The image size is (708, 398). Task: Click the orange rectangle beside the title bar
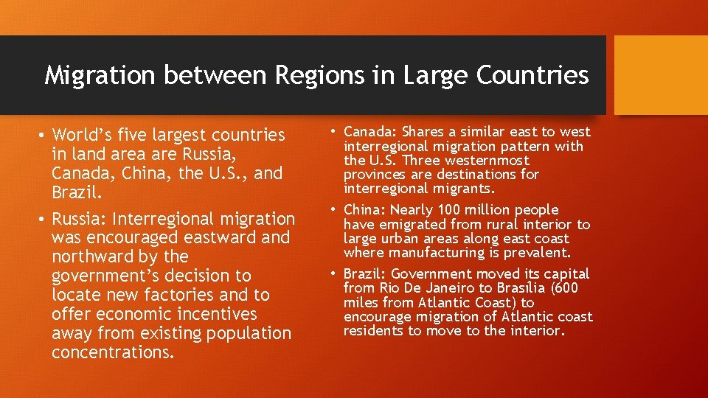point(660,75)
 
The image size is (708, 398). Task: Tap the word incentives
point(215,314)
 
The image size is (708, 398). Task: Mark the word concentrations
point(113,352)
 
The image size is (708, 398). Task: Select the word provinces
point(376,175)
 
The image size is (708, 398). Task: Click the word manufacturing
point(428,253)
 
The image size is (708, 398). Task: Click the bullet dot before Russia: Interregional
point(44,219)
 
